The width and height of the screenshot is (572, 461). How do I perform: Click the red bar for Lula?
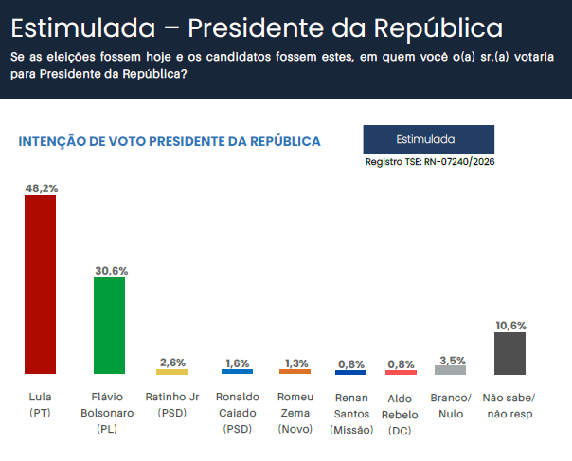(x=40, y=284)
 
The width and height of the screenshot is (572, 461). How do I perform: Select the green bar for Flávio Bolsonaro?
(x=111, y=326)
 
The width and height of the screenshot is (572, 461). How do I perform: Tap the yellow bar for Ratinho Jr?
(x=172, y=372)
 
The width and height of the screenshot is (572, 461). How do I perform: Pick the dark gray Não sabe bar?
(x=510, y=352)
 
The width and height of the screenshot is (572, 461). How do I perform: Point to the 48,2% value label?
(x=41, y=188)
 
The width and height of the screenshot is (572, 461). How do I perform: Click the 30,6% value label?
(x=111, y=271)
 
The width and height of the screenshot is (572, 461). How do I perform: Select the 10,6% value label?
(x=510, y=325)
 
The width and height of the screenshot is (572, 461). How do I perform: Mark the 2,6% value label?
(x=172, y=363)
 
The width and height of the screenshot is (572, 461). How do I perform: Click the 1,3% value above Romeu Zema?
(x=295, y=363)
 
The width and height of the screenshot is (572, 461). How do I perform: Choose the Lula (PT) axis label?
(x=40, y=404)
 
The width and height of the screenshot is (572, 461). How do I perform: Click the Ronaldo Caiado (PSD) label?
(x=237, y=413)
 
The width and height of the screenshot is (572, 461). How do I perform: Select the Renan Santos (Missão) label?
(x=351, y=414)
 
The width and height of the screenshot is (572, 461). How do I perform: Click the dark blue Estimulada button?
(x=428, y=139)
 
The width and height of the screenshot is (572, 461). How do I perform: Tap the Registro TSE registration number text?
(x=430, y=162)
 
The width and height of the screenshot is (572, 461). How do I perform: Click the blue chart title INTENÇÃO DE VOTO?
(x=170, y=141)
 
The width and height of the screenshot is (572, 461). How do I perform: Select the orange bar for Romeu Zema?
(x=295, y=372)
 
